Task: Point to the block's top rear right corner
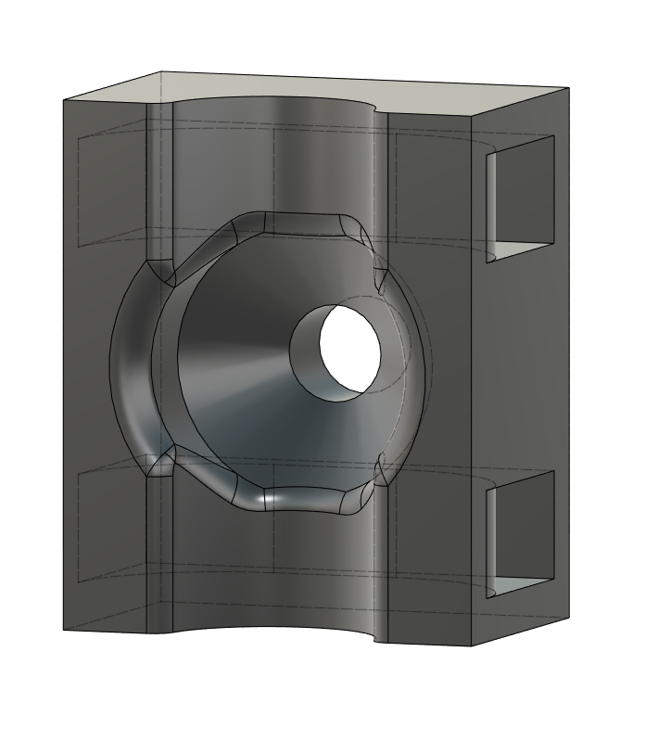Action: [567, 89]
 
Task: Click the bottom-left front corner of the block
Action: [63, 630]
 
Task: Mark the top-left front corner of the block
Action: [62, 100]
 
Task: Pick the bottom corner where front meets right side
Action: [475, 644]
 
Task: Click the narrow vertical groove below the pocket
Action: [159, 556]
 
